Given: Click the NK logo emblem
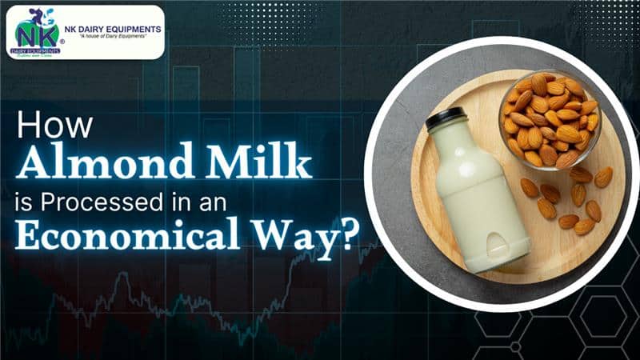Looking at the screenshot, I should click(37, 31).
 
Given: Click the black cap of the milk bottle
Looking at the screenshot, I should click(445, 122).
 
